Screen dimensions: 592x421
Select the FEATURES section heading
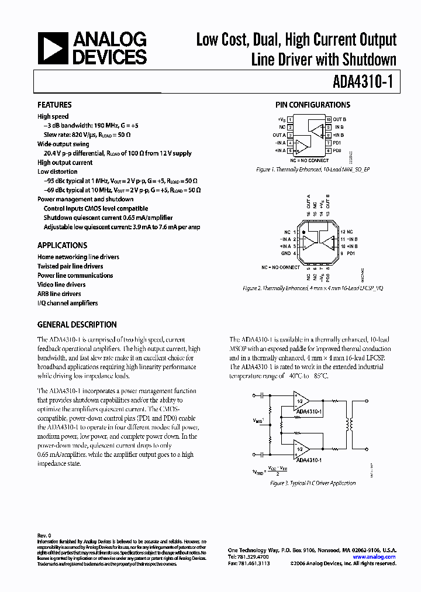[54, 105]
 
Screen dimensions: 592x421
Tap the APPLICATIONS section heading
[62, 246]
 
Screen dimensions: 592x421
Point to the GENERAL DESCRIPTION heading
[77, 325]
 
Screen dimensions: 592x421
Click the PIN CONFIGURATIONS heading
[313, 105]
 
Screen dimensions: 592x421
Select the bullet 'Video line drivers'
[61, 285]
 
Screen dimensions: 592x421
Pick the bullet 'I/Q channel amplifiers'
[67, 303]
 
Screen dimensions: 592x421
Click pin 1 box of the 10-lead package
[289, 119]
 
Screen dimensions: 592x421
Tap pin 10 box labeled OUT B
[329, 119]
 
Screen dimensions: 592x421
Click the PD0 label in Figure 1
[337, 150]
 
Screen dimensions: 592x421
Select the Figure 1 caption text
[313, 168]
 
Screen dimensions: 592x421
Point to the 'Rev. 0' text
[44, 535]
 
